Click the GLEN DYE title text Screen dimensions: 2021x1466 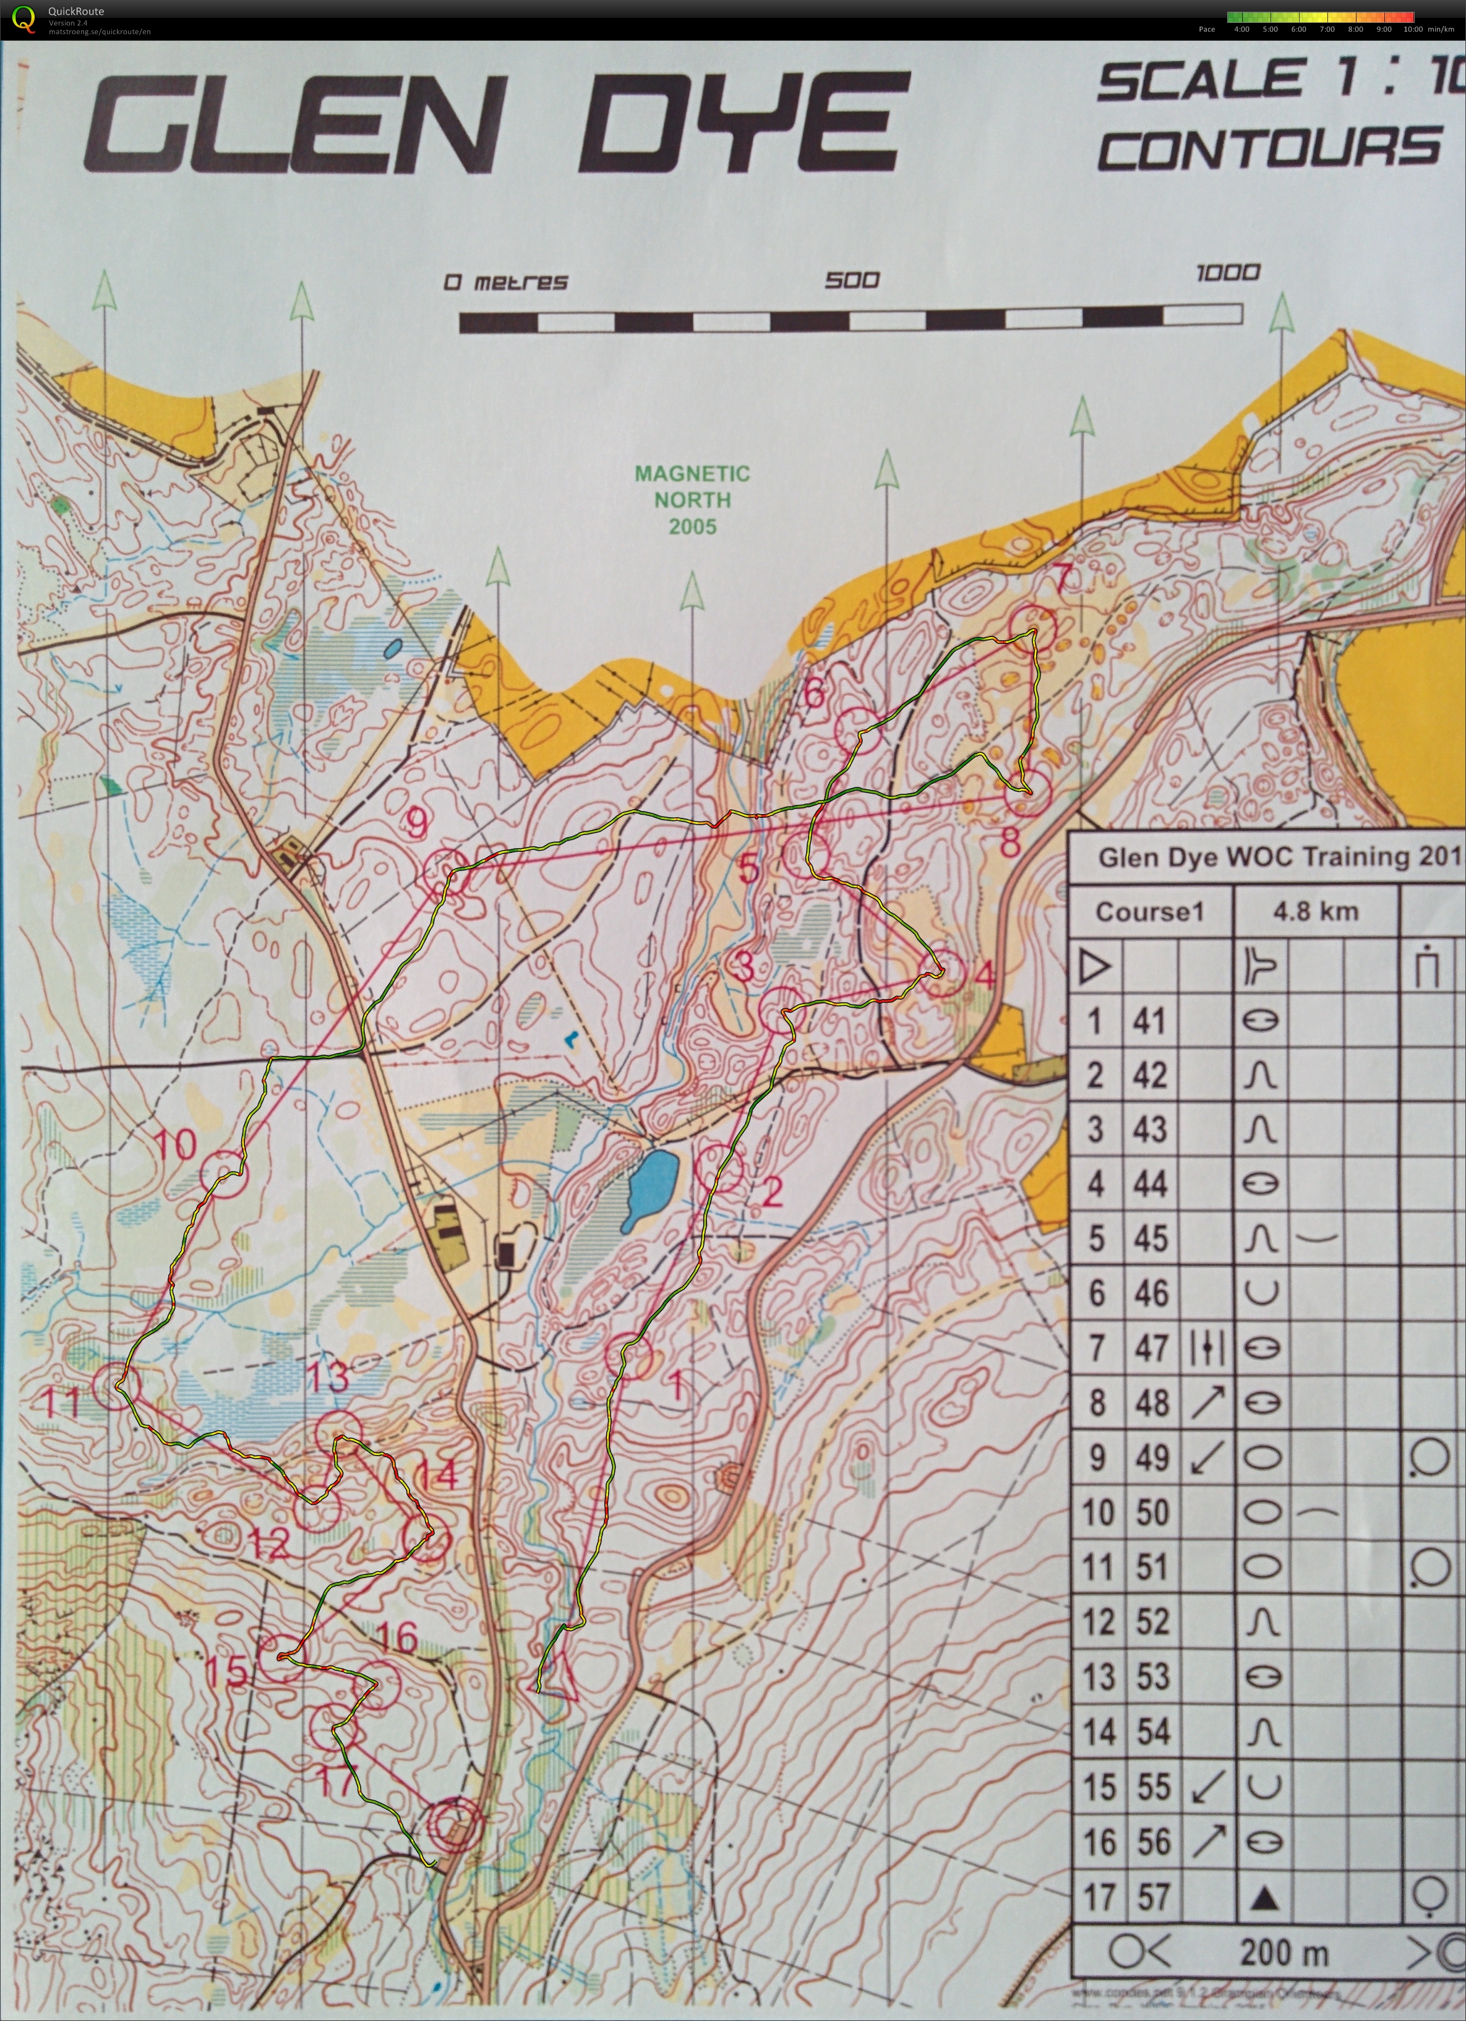click(x=495, y=125)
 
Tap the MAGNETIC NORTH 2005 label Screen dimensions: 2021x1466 click(x=692, y=499)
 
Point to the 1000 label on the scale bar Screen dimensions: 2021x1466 click(x=1227, y=272)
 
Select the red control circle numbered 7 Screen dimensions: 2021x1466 click(x=1033, y=629)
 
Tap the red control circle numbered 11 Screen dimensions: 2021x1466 click(x=114, y=1386)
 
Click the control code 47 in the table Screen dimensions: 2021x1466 click(x=1151, y=1348)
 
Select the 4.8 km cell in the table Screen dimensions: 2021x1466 click(x=1316, y=911)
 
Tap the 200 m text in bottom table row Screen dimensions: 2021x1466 click(x=1284, y=1954)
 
